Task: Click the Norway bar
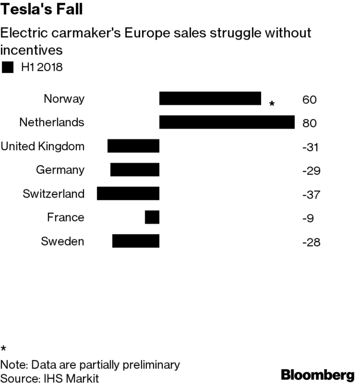[x=210, y=99]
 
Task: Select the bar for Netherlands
[x=227, y=122]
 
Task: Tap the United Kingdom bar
[x=133, y=146]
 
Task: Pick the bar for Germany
[x=135, y=170]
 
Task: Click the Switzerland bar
[x=128, y=194]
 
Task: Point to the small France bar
[x=152, y=217]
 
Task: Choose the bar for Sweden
[x=136, y=241]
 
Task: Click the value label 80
[x=310, y=123]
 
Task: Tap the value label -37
[x=311, y=194]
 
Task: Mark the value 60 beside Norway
[x=310, y=99]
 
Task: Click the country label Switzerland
[x=54, y=194]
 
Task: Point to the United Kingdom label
[x=42, y=146]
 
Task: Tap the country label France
[x=65, y=217]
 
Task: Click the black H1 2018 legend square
[x=8, y=66]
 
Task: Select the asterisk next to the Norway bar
[x=271, y=104]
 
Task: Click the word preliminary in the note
[x=149, y=365]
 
